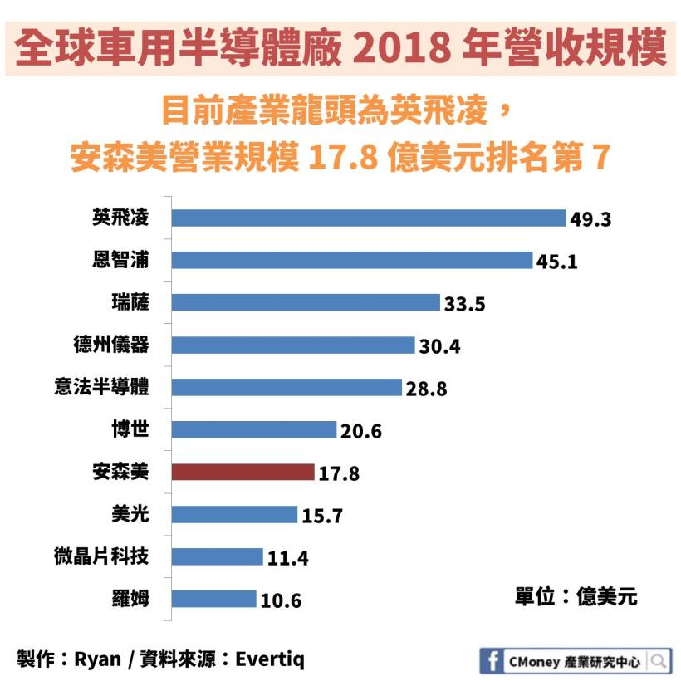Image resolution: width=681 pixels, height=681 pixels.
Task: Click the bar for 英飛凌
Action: coord(368,218)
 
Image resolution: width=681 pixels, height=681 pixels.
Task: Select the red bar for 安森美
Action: coord(243,472)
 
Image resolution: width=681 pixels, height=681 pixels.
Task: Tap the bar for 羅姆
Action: coord(213,599)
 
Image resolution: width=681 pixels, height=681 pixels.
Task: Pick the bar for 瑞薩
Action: coord(305,302)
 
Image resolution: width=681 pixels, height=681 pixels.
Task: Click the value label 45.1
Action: coord(556,262)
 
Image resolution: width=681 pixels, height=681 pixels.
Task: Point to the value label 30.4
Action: coord(439,346)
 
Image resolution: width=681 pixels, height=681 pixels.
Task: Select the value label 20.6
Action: coord(360,431)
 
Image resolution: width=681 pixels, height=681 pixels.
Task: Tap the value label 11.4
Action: coord(287,558)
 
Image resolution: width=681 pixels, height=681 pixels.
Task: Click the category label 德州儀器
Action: coord(111,344)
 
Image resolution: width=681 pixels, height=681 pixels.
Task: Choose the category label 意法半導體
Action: coord(101,386)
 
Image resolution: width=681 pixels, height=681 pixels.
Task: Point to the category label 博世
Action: coord(131,429)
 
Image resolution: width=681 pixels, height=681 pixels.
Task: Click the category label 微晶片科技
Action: coord(101,556)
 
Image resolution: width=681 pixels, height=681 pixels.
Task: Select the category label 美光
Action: coord(131,513)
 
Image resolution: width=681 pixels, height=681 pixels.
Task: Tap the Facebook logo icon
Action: coord(492,661)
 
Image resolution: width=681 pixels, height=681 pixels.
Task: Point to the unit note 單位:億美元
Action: coord(576,596)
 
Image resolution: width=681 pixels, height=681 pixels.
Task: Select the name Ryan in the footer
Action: coord(97,660)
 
